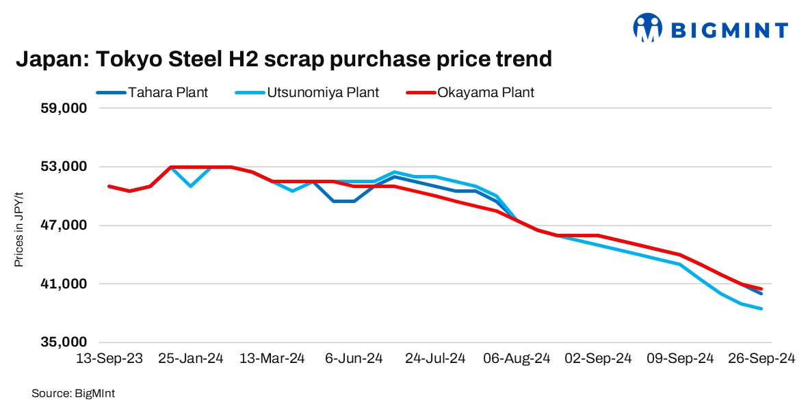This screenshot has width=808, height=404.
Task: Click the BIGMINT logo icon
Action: tap(648, 28)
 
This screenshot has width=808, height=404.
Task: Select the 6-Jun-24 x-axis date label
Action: tap(354, 359)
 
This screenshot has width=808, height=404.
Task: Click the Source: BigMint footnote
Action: tap(68, 393)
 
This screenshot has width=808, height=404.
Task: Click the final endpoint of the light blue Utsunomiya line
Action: tap(761, 309)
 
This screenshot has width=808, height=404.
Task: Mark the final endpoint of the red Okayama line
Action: tap(761, 288)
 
